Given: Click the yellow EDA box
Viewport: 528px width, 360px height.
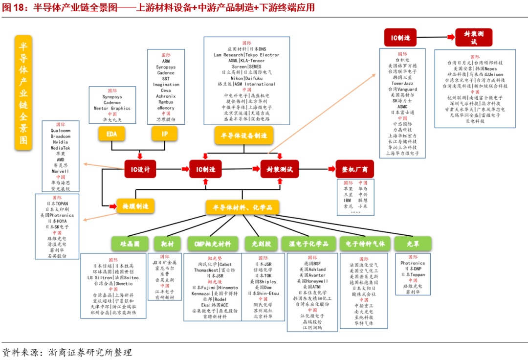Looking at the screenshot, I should point(111,134).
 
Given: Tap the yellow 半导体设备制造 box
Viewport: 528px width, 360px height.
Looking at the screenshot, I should point(243,135).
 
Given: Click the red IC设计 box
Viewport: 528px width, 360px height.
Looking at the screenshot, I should point(140,169).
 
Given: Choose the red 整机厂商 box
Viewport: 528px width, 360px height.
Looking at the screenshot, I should point(354,169).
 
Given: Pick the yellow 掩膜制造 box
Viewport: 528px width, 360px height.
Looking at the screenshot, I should point(135,205).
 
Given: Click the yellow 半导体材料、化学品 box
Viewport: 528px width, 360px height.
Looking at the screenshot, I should point(243,207).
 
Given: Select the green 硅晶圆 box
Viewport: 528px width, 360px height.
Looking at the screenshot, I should point(130,244).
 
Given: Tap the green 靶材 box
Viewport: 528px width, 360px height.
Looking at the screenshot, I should point(167,244).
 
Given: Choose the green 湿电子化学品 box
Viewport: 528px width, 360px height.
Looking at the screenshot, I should point(309,244).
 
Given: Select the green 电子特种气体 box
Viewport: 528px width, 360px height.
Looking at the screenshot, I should point(365,244).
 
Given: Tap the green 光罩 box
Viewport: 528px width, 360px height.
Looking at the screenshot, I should point(413,244).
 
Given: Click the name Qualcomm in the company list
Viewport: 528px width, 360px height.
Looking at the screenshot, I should point(60,131).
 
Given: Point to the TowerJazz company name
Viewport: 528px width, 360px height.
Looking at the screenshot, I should point(402,84).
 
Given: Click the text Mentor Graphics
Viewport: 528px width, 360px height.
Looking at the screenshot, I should point(112,108).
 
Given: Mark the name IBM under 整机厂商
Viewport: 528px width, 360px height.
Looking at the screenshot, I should point(348,200).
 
